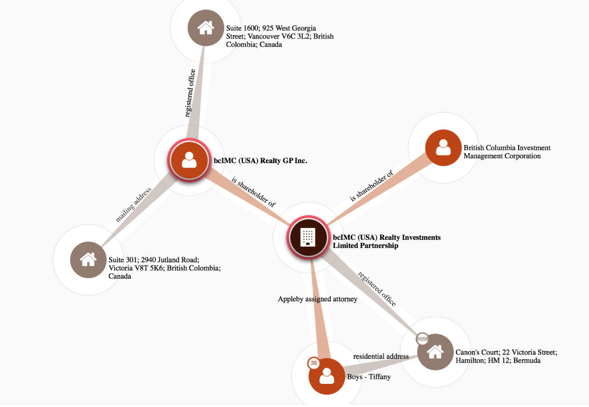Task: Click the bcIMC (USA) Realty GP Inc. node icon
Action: [x=189, y=160]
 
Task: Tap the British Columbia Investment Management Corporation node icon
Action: [x=443, y=148]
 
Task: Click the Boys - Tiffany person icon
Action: [x=327, y=376]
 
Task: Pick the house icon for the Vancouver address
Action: [x=206, y=28]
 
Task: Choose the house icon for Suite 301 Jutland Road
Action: [x=88, y=260]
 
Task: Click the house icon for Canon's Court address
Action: [x=435, y=352]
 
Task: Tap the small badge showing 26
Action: [x=314, y=363]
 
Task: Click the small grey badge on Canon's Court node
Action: [x=422, y=339]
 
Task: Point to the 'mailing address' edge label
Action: [x=133, y=204]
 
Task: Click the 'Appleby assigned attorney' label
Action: [x=317, y=299]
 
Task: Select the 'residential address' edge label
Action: [x=381, y=356]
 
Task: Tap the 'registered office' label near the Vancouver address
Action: [x=190, y=93]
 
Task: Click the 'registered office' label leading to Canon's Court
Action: [x=377, y=289]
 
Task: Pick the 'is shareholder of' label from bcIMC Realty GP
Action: [x=253, y=192]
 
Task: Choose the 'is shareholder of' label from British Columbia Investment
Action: [x=372, y=186]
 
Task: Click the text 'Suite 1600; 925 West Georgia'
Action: [x=271, y=28]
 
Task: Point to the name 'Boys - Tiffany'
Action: [x=368, y=377]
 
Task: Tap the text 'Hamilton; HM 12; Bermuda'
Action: [x=498, y=360]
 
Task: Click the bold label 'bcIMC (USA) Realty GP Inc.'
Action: [x=260, y=160]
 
